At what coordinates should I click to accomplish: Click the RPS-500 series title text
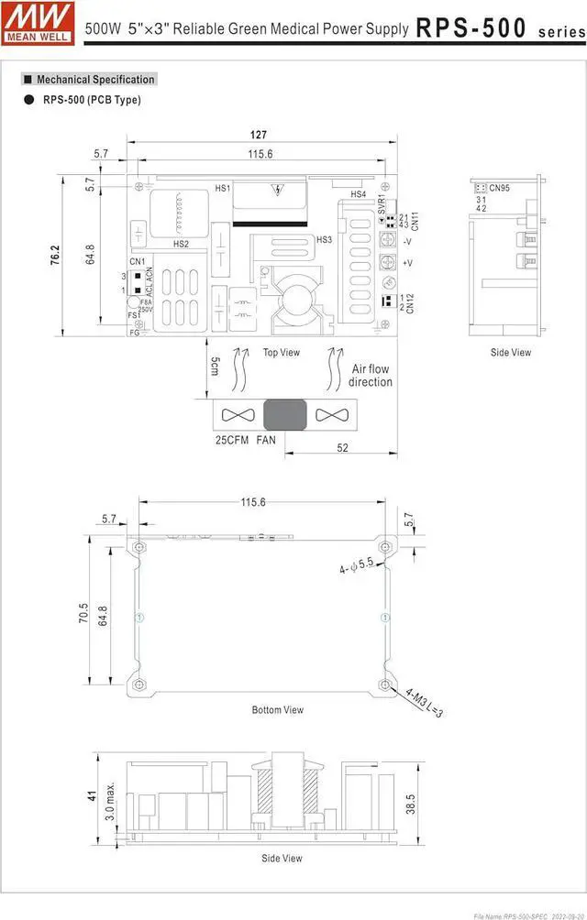pos(499,28)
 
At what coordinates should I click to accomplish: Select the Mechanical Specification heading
pos(95,80)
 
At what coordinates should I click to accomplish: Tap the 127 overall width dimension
pos(260,135)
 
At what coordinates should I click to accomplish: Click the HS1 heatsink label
pos(222,188)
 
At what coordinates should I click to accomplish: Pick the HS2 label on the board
pos(181,244)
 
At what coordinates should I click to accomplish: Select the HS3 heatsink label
pos(324,240)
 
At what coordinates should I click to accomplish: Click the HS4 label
pos(358,195)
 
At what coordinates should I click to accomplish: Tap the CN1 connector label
pos(137,262)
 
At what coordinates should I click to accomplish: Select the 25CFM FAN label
pos(245,440)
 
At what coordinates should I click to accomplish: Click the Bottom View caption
pos(278,709)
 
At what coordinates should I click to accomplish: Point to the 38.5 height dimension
pos(410,803)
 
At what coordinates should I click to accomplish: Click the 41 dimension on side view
pos(92,794)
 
